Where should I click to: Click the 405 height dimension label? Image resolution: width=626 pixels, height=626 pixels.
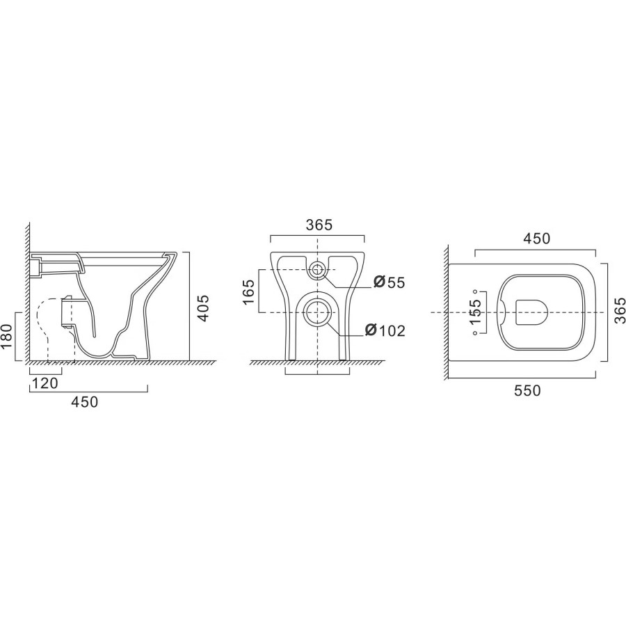pyautogui.click(x=203, y=308)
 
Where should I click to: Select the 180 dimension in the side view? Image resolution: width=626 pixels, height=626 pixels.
pyautogui.click(x=8, y=336)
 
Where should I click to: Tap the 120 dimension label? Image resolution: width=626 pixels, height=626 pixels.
pyautogui.click(x=45, y=383)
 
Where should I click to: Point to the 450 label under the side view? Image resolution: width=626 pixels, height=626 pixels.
pyautogui.click(x=84, y=401)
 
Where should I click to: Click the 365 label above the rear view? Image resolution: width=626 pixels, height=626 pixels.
pyautogui.click(x=319, y=225)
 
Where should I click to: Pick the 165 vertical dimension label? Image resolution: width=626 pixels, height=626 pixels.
pyautogui.click(x=248, y=291)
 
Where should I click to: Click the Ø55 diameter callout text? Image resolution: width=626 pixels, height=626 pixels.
pyautogui.click(x=390, y=282)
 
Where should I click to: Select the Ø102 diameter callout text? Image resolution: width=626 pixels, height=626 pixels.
pyautogui.click(x=385, y=330)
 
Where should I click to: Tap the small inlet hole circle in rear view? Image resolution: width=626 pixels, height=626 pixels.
pyautogui.click(x=317, y=269)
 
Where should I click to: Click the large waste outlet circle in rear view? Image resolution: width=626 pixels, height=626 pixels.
pyautogui.click(x=317, y=312)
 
